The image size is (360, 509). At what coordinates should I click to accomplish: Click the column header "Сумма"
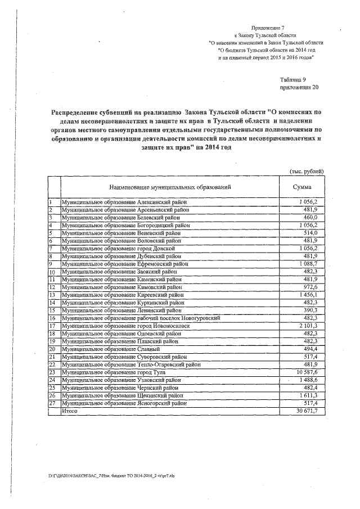(x=301, y=187)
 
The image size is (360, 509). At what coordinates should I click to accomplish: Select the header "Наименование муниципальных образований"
(x=166, y=187)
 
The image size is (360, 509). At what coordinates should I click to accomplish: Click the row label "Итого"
(x=70, y=412)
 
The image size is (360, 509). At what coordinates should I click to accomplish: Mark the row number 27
(x=52, y=403)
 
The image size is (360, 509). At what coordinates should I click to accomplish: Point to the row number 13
(x=52, y=295)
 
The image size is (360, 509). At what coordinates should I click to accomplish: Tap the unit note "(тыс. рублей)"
(x=306, y=170)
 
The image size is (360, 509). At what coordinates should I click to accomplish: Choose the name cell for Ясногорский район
(x=124, y=403)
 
